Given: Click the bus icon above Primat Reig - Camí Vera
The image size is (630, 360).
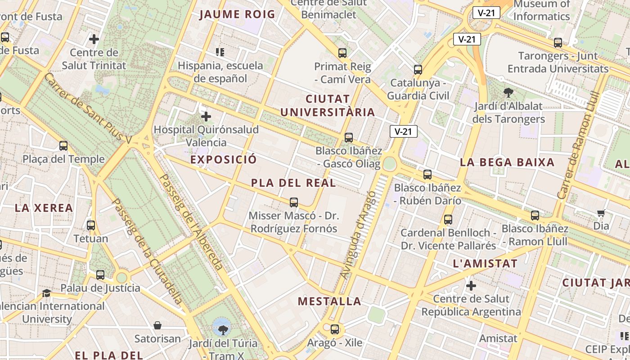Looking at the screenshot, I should click(342, 53).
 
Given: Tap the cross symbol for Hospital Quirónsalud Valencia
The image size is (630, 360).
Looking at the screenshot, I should click(206, 117).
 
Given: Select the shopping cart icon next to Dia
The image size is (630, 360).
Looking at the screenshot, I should click(601, 213).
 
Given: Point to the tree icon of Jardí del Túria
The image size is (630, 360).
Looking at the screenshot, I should click(222, 330).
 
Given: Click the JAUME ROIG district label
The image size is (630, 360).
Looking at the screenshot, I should click(237, 14).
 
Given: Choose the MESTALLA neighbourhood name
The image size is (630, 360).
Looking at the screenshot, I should click(330, 301).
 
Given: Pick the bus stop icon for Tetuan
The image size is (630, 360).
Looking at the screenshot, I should click(91, 225).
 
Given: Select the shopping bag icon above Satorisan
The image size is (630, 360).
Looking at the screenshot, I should click(157, 325).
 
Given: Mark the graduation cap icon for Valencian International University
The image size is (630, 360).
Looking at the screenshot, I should click(46, 293).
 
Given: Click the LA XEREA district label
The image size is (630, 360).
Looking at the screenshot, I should click(44, 208).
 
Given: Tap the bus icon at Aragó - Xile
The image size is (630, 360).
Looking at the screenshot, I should click(335, 329).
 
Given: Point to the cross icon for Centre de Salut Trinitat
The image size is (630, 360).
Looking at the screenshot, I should click(94, 39).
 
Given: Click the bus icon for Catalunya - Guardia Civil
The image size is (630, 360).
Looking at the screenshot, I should click(418, 70).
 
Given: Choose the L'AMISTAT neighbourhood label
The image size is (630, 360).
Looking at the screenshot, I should click(485, 264).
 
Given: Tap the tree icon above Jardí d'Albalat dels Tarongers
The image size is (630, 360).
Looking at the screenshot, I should click(508, 93).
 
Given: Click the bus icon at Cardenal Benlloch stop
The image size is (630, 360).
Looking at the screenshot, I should click(448, 220).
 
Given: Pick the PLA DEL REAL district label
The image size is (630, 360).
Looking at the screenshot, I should click(293, 183).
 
